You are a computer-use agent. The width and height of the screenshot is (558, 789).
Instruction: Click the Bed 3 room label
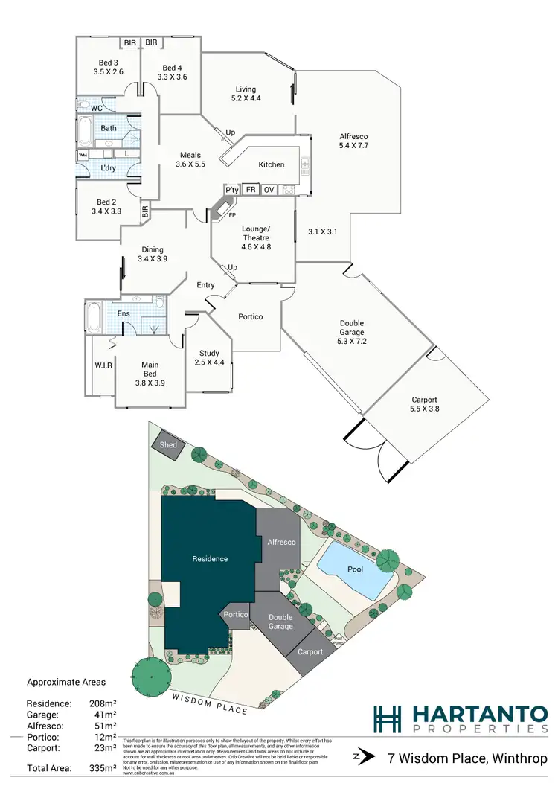(x=108, y=62)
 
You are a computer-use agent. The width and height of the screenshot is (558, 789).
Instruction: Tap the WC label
(x=96, y=108)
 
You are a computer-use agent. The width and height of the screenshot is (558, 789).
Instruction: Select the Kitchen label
(x=272, y=164)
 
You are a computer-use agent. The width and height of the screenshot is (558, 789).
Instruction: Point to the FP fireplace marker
(x=231, y=214)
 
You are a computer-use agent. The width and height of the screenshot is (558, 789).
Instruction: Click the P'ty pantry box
(x=231, y=190)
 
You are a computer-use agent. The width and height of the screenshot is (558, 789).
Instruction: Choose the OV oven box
(x=269, y=190)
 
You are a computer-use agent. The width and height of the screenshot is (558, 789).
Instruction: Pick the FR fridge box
(x=250, y=190)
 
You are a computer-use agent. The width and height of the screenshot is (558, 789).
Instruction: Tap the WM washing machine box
(x=83, y=155)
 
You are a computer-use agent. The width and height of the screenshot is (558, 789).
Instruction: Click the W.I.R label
(x=103, y=365)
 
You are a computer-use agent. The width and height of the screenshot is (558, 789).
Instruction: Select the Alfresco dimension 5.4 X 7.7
(x=354, y=146)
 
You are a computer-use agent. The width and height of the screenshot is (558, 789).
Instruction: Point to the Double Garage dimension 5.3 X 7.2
(x=352, y=342)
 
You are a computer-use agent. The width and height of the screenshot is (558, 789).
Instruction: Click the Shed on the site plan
(x=169, y=445)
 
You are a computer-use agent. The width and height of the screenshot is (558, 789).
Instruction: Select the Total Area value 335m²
(x=103, y=768)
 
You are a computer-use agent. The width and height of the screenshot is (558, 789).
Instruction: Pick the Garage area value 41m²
(x=104, y=715)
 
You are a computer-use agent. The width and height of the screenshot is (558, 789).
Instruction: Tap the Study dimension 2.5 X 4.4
(x=209, y=362)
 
